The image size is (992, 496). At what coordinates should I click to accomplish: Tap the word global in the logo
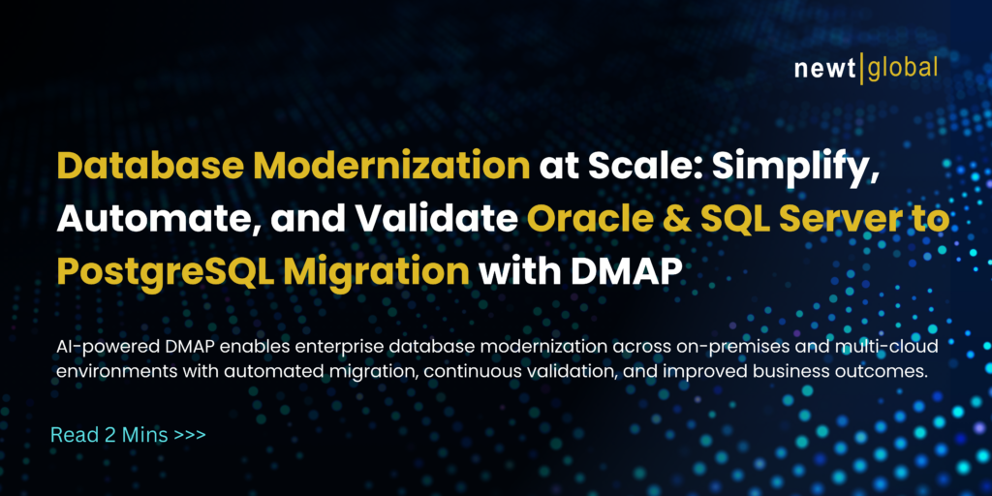pos(903,69)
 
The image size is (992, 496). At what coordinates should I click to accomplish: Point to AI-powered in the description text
pos(98,347)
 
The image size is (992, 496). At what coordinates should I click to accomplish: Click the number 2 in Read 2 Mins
pos(108,434)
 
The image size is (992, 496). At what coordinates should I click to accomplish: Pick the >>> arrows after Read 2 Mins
pos(190,434)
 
